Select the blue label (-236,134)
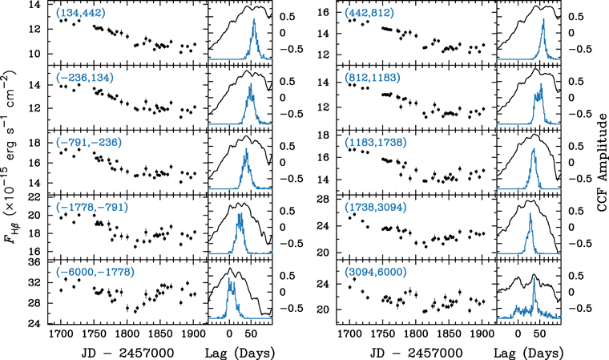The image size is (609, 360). [x=83, y=78]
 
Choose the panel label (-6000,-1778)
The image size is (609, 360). [x=91, y=273]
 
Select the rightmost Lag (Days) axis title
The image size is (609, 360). [x=529, y=352]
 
